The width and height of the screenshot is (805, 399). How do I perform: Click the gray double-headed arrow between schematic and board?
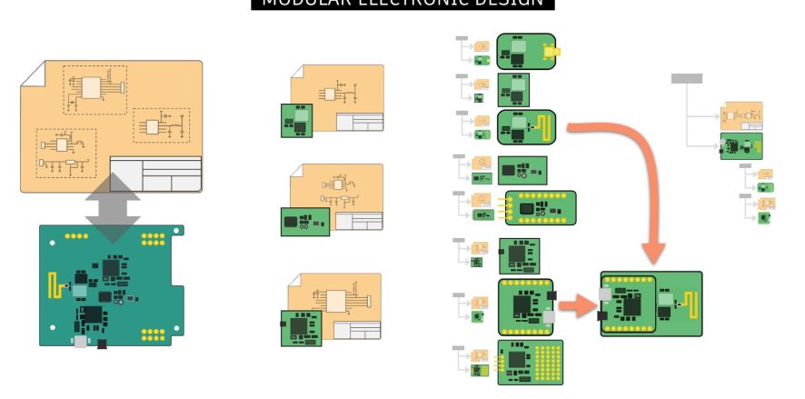(114, 206)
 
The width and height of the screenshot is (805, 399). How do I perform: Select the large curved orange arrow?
(636, 173)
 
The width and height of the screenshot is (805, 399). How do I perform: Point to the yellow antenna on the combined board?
(691, 304)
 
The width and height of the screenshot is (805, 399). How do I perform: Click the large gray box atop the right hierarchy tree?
(686, 78)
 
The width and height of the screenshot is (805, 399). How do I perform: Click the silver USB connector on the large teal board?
(80, 342)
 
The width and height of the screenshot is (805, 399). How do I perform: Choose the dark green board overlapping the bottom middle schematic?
(301, 328)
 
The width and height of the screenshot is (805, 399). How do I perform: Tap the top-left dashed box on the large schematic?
(94, 89)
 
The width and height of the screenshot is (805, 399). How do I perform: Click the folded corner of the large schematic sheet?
(31, 73)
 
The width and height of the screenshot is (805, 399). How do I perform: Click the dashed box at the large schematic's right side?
(161, 125)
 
